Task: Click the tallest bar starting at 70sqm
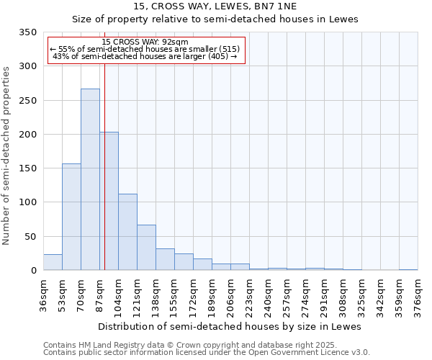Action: pyautogui.click(x=90, y=180)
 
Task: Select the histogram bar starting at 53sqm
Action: pyautogui.click(x=71, y=217)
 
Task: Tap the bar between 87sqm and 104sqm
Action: pyautogui.click(x=109, y=202)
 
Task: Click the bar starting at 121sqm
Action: pyautogui.click(x=146, y=248)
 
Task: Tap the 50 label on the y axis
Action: pyautogui.click(x=30, y=237)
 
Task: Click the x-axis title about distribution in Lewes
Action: pyautogui.click(x=229, y=326)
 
